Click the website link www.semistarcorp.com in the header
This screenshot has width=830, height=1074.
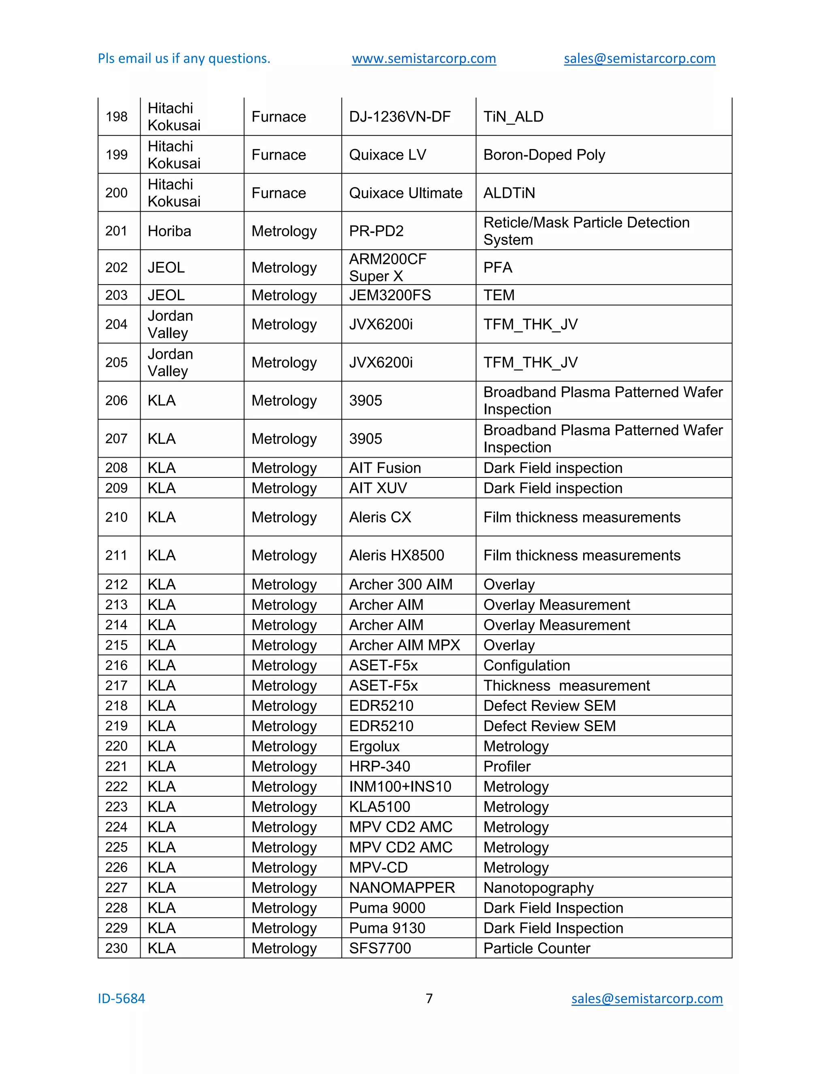point(424,58)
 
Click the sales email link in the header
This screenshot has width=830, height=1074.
point(639,58)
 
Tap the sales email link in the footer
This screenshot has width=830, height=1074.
point(646,998)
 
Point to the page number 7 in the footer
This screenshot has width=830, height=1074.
point(429,998)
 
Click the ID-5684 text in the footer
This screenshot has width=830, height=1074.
point(122,999)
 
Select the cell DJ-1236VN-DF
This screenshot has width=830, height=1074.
point(399,117)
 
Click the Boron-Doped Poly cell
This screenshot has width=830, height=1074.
point(544,155)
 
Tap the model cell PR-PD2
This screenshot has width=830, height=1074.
point(376,231)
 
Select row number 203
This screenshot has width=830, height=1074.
point(117,295)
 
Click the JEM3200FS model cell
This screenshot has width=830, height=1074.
point(390,295)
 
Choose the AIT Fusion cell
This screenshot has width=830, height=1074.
point(385,468)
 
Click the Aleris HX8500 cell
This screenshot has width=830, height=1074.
point(396,555)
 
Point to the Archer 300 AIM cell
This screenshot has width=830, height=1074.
point(400,584)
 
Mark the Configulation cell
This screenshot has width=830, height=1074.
point(526,665)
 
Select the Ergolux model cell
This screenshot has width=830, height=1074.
point(374,746)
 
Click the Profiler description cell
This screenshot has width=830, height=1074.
point(507,766)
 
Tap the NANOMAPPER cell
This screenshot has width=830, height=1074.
point(402,888)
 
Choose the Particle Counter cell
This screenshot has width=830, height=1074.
point(537,948)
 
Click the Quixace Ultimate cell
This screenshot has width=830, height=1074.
point(405,193)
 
